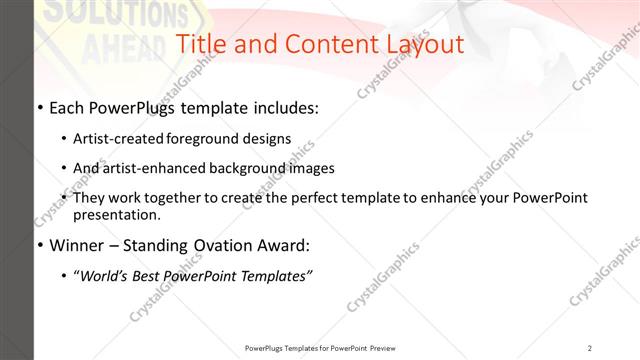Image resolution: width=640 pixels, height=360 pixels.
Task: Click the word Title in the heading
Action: (x=200, y=44)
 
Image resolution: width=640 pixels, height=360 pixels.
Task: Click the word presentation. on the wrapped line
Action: (x=116, y=214)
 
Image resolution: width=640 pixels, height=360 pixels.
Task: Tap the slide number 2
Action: (x=590, y=348)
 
